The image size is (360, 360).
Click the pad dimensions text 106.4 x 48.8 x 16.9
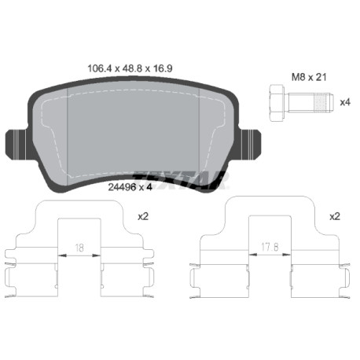pos(130,68)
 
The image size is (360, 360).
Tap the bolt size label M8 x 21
pos(309,77)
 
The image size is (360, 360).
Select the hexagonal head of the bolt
pos(276,102)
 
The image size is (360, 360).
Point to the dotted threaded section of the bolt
pos(321,102)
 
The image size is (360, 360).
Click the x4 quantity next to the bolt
pos(345,102)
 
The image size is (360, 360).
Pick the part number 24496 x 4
pos(130,187)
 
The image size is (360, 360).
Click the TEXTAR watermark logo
pos(180,180)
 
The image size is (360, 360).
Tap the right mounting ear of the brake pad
pos(250,145)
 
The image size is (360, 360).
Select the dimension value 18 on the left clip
pos(79,248)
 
